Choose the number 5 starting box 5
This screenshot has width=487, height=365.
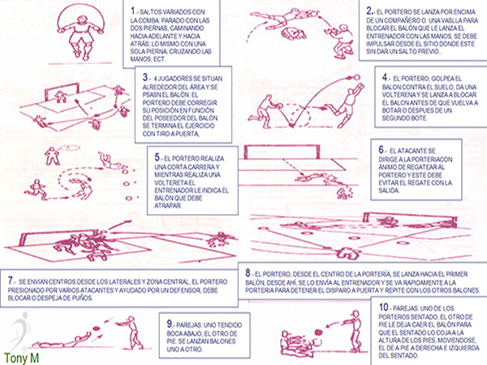[155, 156]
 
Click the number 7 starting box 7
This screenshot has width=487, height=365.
[11, 277]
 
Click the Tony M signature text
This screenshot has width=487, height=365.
[20, 354]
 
